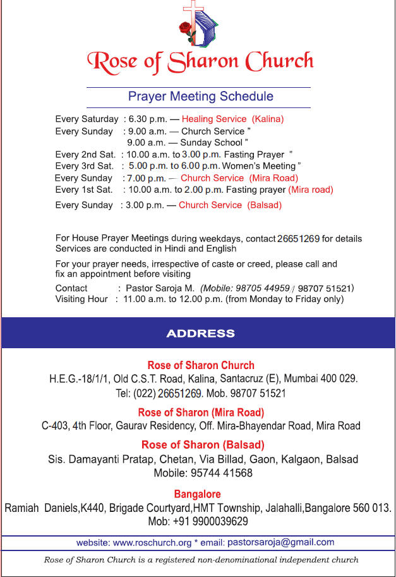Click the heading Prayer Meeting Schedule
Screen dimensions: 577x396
point(201,97)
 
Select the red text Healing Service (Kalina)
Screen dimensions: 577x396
point(232,119)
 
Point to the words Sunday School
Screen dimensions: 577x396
point(212,143)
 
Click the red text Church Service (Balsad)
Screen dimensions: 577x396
point(230,205)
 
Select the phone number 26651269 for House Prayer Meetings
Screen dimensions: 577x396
point(298,239)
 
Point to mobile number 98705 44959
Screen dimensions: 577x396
point(263,288)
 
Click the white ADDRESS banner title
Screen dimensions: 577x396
point(200,333)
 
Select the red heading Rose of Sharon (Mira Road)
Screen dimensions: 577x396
point(201,413)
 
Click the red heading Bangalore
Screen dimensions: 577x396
point(197,494)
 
